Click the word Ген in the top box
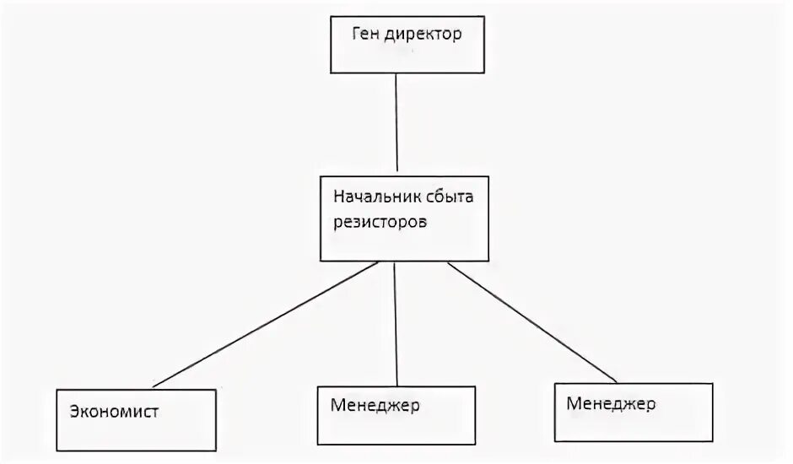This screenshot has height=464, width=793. coord(365,36)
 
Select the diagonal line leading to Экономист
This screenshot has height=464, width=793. coord(263,325)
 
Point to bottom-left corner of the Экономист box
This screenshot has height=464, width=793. coord(57,451)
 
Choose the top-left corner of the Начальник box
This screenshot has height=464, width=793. coord(321,175)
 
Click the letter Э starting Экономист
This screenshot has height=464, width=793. coord(75,413)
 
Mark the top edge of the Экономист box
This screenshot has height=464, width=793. coord(127,389)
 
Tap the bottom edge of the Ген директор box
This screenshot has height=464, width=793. coord(407,73)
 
